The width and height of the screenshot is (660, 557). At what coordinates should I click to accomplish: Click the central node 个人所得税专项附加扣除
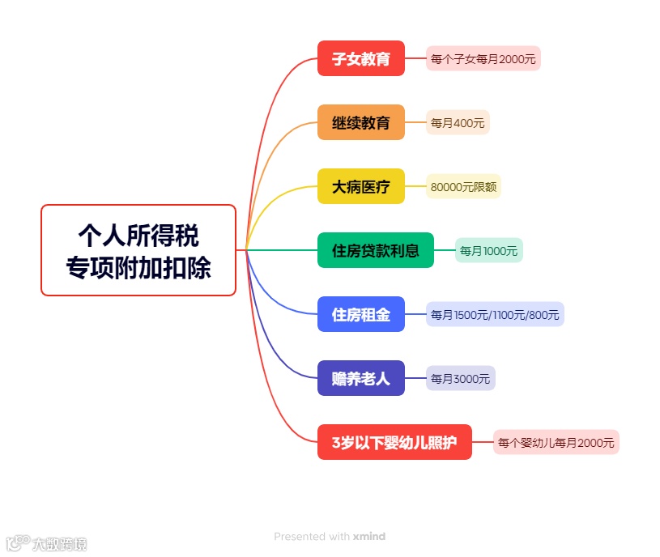pos(138,249)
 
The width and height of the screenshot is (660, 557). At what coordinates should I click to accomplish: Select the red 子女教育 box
pos(360,58)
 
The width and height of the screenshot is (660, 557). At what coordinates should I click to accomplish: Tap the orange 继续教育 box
pos(360,122)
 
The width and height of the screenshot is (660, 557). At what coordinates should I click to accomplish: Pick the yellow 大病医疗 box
pos(360,186)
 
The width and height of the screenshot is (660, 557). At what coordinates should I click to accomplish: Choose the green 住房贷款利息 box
pos(375,250)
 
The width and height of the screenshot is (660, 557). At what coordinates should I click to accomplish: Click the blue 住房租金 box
pos(360,314)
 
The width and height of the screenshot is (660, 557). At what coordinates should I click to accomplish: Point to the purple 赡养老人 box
pos(360,378)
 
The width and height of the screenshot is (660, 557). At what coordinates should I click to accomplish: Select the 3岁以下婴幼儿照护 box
pos(394,442)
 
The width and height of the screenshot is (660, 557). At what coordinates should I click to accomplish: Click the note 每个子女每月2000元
pos(483,58)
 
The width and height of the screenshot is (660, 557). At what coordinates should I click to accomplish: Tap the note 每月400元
pos(458,122)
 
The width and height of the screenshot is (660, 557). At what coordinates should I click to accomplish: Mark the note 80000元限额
pos(463,186)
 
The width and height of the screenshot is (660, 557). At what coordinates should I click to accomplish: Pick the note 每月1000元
pos(488,250)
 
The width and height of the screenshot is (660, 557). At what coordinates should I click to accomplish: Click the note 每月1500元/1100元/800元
pos(495,314)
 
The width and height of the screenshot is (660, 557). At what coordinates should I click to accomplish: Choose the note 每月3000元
pos(460,378)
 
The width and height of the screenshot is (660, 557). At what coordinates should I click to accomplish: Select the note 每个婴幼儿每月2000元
pos(556,442)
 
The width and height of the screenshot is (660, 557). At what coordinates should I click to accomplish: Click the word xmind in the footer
pos(368,537)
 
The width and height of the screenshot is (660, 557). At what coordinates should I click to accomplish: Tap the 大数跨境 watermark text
pos(59,544)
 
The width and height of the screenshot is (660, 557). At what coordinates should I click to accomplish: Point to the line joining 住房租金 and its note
pos(415,314)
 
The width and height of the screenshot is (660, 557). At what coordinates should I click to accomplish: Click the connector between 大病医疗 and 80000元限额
pos(415,186)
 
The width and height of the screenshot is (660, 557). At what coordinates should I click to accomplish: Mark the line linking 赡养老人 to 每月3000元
pos(415,378)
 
